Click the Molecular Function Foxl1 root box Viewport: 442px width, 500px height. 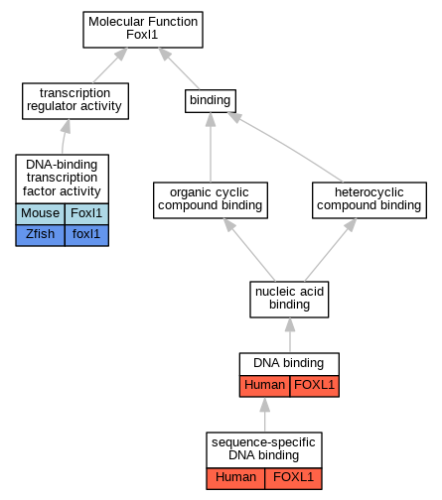(x=143, y=30)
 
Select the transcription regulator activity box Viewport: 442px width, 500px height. (x=75, y=101)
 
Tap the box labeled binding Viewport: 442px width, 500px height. (x=211, y=101)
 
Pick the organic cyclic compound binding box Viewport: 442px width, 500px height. (x=211, y=200)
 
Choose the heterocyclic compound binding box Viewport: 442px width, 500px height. (x=369, y=200)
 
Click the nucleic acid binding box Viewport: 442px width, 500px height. (x=289, y=300)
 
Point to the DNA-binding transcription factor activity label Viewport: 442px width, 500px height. (x=62, y=179)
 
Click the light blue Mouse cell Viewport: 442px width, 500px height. (x=40, y=214)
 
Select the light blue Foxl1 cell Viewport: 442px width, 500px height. (x=86, y=214)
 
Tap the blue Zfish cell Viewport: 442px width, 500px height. (x=40, y=235)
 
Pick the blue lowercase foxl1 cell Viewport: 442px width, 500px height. (x=86, y=235)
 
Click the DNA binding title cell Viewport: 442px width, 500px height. (x=289, y=364)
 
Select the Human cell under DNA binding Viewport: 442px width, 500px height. (x=264, y=386)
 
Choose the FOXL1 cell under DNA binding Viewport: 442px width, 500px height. (x=315, y=386)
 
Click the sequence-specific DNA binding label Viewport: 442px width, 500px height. (x=264, y=449)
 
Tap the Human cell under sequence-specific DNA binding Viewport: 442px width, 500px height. (x=235, y=478)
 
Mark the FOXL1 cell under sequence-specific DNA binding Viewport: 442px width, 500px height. (x=293, y=478)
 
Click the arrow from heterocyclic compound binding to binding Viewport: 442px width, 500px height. (x=285, y=147)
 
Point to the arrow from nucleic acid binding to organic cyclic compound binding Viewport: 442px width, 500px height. (x=249, y=250)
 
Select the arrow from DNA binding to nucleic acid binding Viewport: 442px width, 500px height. (x=290, y=335)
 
